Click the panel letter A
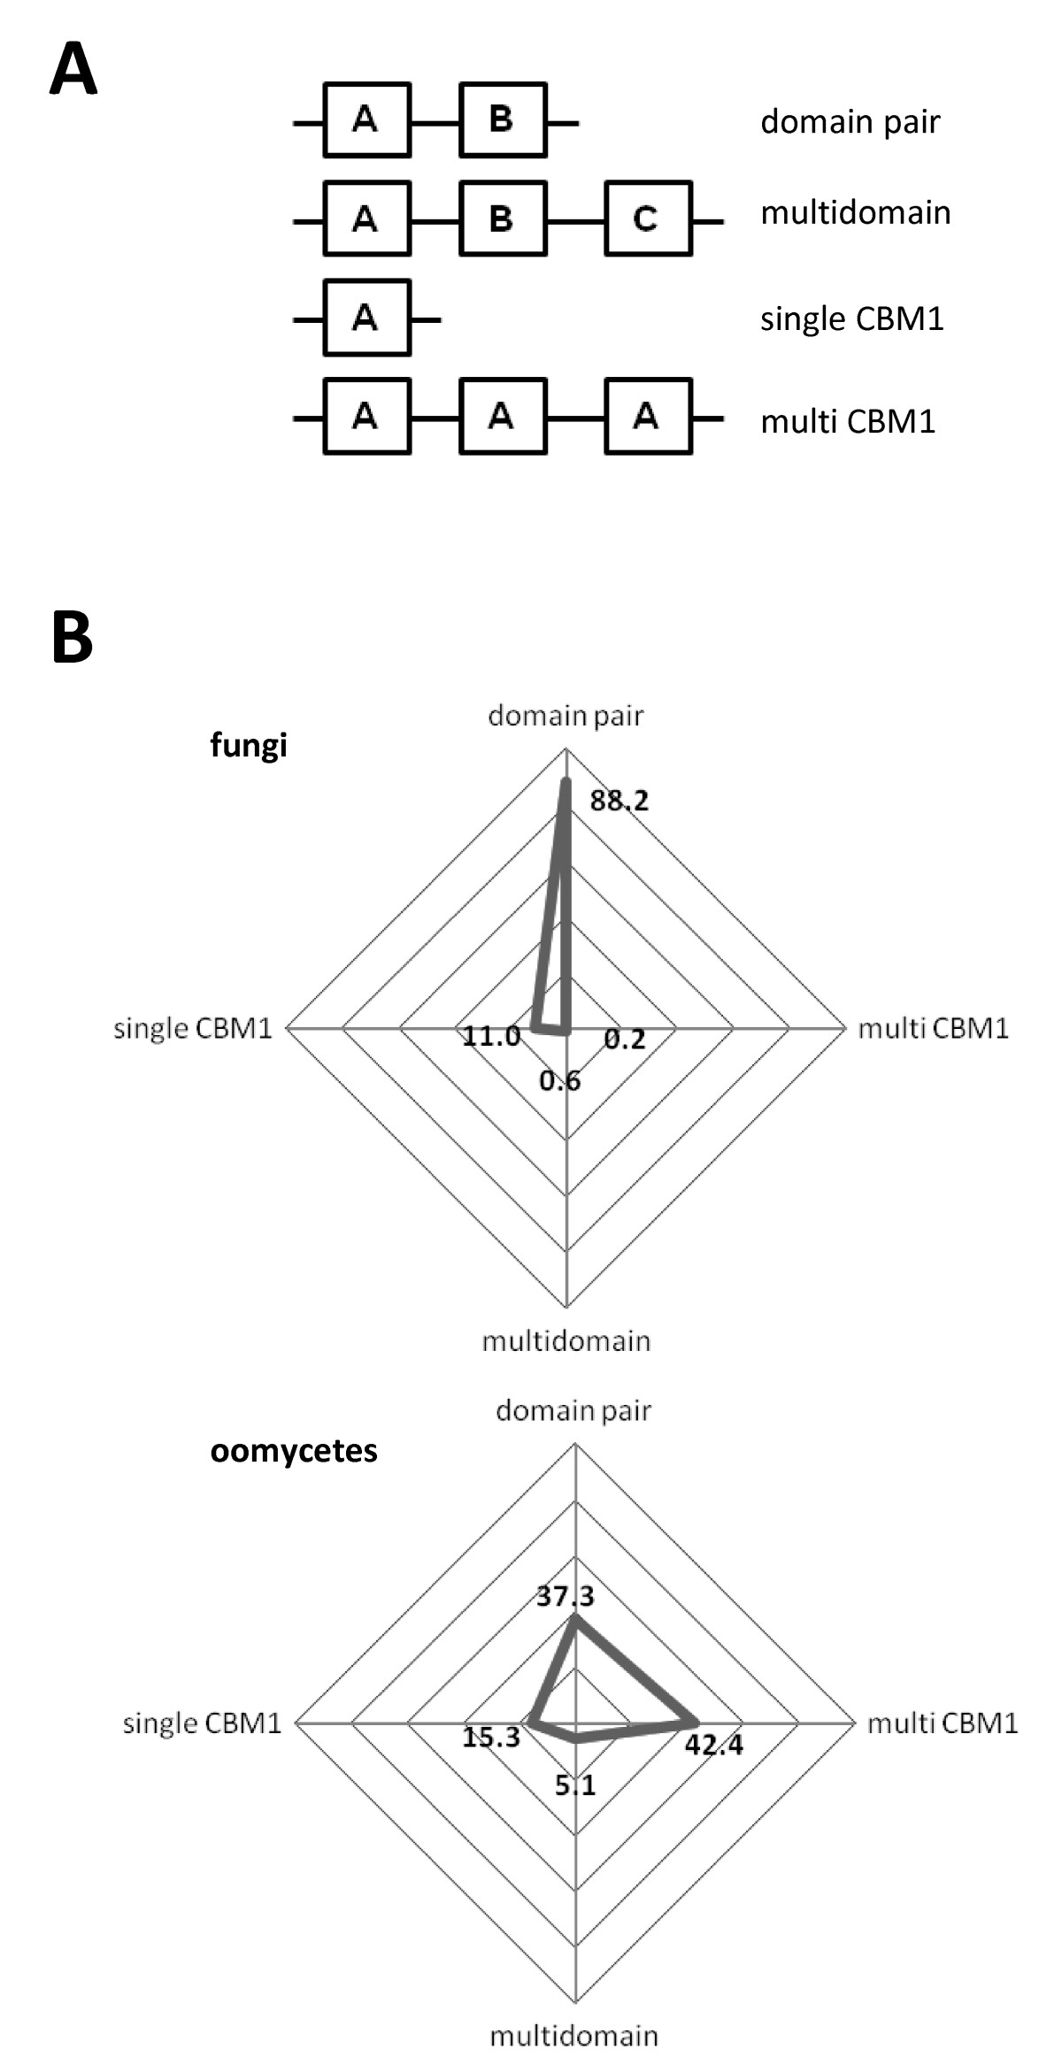pyautogui.click(x=73, y=71)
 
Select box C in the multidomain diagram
pyautogui.click(x=648, y=218)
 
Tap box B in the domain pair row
pyautogui.click(x=502, y=119)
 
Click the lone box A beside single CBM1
pyautogui.click(x=366, y=317)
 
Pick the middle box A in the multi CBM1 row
pyautogui.click(x=502, y=416)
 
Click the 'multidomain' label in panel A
pyautogui.click(x=855, y=213)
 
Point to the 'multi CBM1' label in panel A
pyautogui.click(x=848, y=421)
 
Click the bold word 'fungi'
pyautogui.click(x=249, y=745)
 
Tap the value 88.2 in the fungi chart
pyautogui.click(x=619, y=802)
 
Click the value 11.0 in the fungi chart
pyautogui.click(x=491, y=1036)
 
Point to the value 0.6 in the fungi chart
pyautogui.click(x=560, y=1080)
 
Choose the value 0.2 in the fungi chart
pyautogui.click(x=625, y=1040)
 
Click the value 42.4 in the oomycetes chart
pyautogui.click(x=713, y=1745)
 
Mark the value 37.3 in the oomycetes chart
pyautogui.click(x=566, y=1596)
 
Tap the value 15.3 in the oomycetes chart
pyautogui.click(x=491, y=1738)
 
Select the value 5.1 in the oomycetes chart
pyautogui.click(x=575, y=1785)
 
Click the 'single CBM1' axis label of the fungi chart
pyautogui.click(x=193, y=1028)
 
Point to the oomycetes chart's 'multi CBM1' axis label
pyautogui.click(x=942, y=1723)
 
